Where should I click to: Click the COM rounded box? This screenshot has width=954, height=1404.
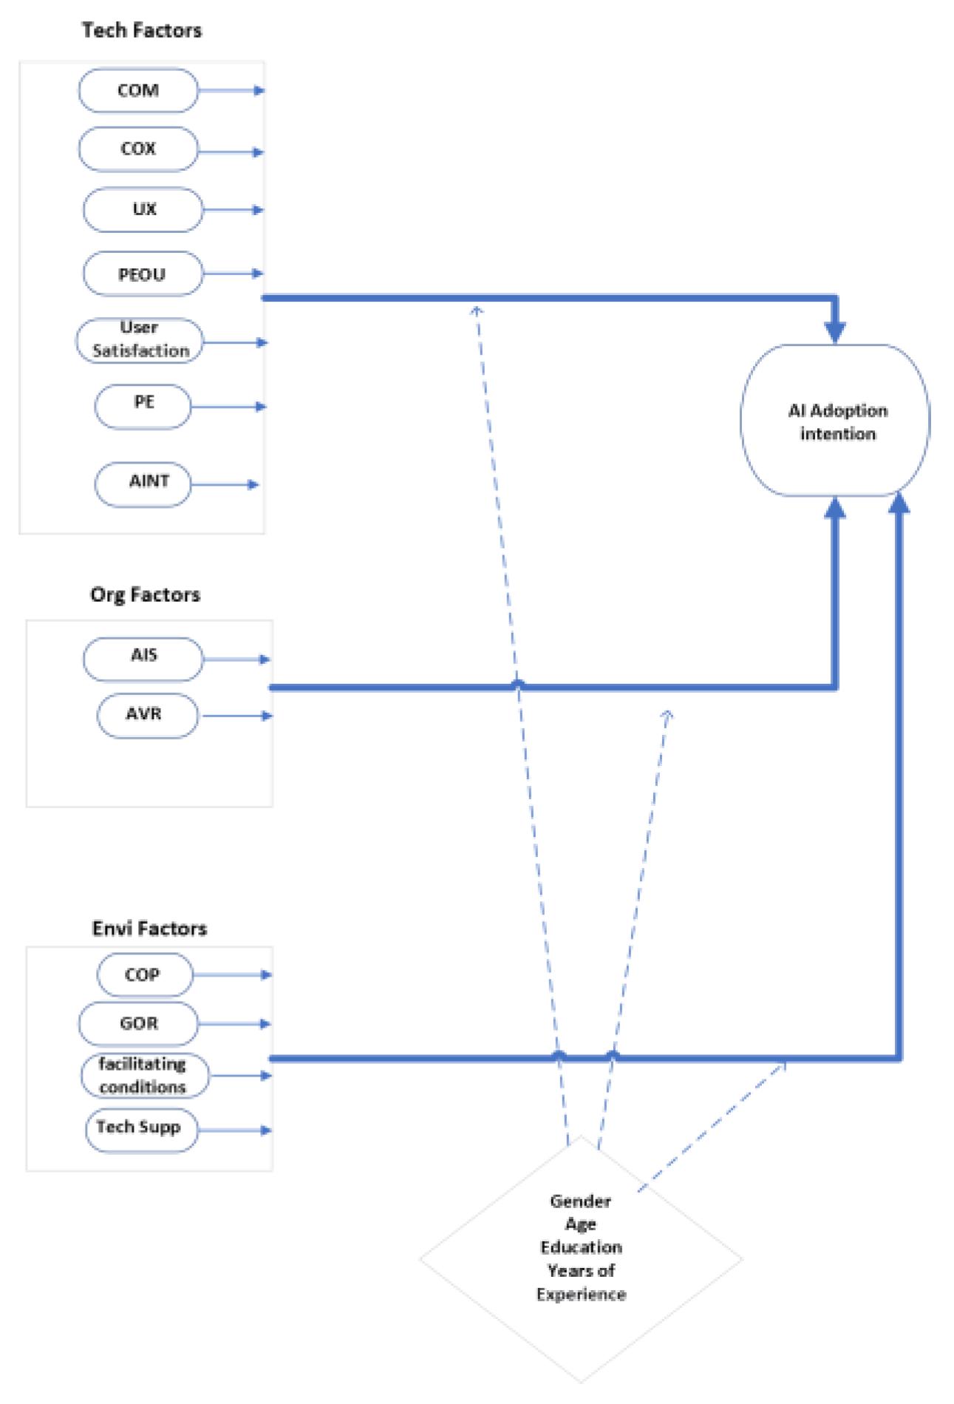pyautogui.click(x=138, y=91)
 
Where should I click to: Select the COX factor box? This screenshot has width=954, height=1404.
pyautogui.click(x=138, y=149)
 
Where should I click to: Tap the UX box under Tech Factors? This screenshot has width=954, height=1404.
pyautogui.click(x=143, y=210)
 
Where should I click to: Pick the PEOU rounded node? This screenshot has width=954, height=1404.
pyautogui.click(x=143, y=274)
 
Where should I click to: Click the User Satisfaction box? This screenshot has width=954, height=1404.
pyautogui.click(x=140, y=340)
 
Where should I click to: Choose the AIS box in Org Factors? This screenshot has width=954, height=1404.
pyautogui.click(x=143, y=658)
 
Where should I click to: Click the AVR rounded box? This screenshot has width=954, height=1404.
pyautogui.click(x=147, y=715)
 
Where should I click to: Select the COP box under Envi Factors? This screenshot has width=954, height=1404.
pyautogui.click(x=145, y=974)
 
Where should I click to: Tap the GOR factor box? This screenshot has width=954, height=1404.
pyautogui.click(x=139, y=1023)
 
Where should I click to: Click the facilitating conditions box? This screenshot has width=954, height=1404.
pyautogui.click(x=144, y=1075)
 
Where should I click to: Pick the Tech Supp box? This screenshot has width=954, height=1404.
pyautogui.click(x=141, y=1129)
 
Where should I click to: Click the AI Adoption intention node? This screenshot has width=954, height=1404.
pyautogui.click(x=835, y=421)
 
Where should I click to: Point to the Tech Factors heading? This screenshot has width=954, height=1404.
pyautogui.click(x=142, y=30)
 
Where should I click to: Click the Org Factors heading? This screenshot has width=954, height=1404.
pyautogui.click(x=146, y=594)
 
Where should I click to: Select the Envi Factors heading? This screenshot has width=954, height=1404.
pyautogui.click(x=149, y=928)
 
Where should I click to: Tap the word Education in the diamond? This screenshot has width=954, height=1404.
pyautogui.click(x=581, y=1247)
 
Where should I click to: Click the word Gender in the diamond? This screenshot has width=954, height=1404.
pyautogui.click(x=580, y=1201)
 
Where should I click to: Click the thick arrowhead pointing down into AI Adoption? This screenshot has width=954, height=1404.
pyautogui.click(x=835, y=330)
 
